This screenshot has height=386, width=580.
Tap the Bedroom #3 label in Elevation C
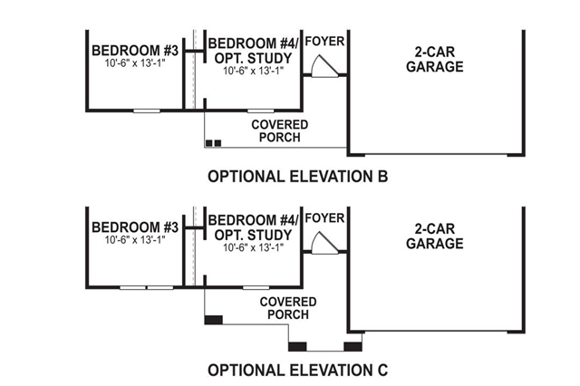tap(134, 226)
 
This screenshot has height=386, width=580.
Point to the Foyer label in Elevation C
tap(325, 218)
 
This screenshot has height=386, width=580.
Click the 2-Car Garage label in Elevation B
tap(434, 60)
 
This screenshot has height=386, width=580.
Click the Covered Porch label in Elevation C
tap(287, 308)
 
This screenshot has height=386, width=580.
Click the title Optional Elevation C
tap(297, 370)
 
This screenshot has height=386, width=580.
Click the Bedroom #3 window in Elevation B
tap(145, 111)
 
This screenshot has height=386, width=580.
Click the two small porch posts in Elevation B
tap(212, 143)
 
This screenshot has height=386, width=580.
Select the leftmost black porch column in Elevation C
tap(214, 320)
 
